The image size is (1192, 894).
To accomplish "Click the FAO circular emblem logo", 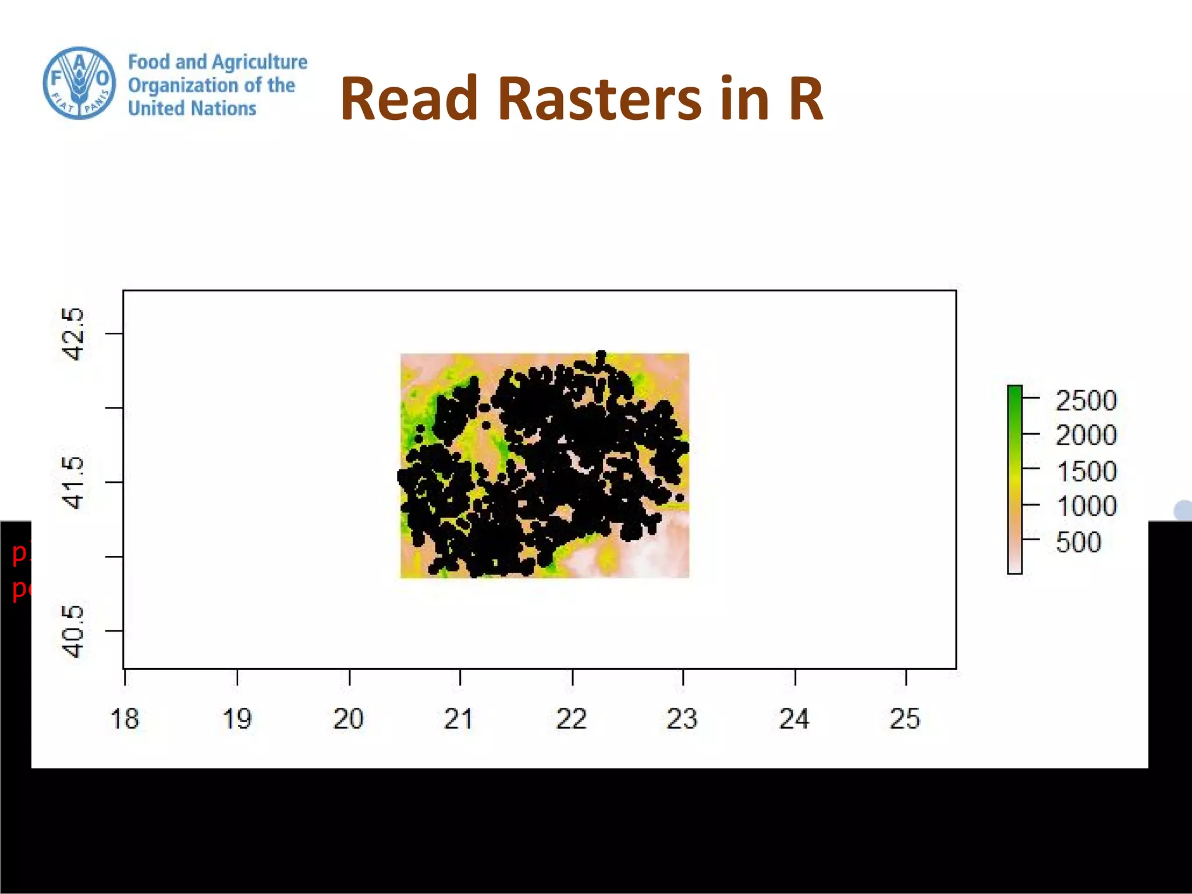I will click(79, 83).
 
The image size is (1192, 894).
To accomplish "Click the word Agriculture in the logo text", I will click(260, 62).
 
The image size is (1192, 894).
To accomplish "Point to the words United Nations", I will click(192, 108).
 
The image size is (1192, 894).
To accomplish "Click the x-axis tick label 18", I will click(125, 719).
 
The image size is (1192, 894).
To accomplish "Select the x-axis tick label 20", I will click(349, 719).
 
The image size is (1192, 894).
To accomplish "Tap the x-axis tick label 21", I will click(458, 719).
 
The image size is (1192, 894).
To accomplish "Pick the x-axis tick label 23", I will click(682, 719).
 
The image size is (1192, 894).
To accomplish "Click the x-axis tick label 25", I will click(905, 719).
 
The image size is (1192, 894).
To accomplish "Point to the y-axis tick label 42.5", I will click(73, 334).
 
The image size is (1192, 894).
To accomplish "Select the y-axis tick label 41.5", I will click(73, 483).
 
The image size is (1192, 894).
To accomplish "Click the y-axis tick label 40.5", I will click(73, 631).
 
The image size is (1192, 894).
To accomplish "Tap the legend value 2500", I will click(1086, 400).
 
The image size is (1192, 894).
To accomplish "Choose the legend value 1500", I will click(1087, 471).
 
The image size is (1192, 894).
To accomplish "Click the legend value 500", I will click(1079, 542).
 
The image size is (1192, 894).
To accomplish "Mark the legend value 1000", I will click(1087, 506).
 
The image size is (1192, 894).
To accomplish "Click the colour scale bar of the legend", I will click(1014, 480).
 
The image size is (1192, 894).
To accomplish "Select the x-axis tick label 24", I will click(794, 719).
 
